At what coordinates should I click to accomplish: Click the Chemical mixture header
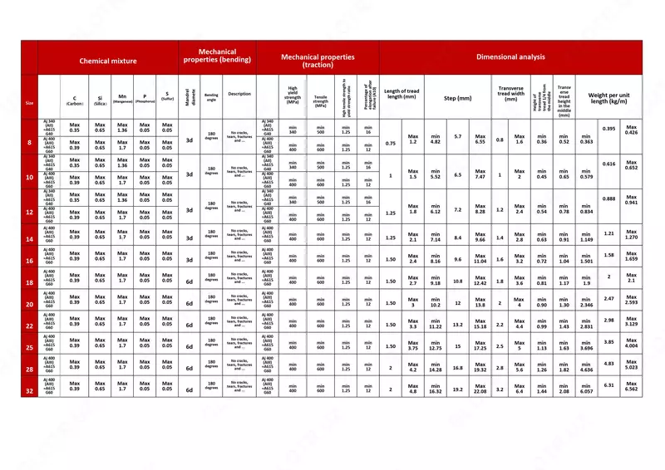tap(108, 61)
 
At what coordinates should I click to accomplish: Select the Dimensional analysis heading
tap(510, 57)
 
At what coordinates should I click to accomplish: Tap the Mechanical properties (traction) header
tap(318, 61)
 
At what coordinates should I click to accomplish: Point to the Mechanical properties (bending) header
tap(217, 56)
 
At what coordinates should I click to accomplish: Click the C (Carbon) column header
tap(75, 100)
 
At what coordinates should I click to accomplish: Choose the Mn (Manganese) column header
tap(122, 98)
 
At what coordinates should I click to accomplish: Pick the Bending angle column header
tap(212, 97)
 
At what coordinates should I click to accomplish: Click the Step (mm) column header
tap(457, 98)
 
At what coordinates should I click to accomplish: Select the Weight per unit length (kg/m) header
tap(608, 98)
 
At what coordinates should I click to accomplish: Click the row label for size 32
tap(29, 389)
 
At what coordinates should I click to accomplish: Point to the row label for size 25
tap(29, 346)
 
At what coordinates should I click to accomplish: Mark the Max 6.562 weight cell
tap(631, 386)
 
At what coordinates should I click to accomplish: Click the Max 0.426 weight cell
tap(631, 130)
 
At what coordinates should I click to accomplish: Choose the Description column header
tap(239, 94)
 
